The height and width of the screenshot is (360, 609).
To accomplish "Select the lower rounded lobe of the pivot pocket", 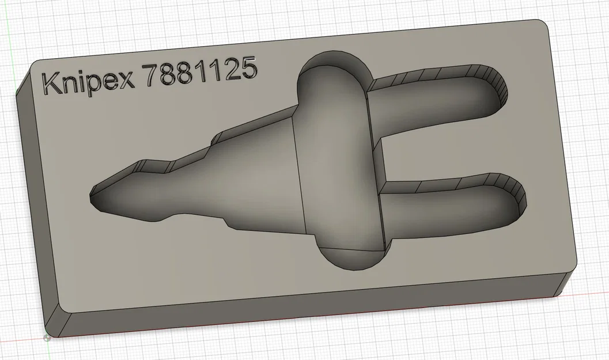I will (349, 256).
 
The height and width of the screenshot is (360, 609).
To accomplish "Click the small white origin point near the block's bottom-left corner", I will (46, 338).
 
